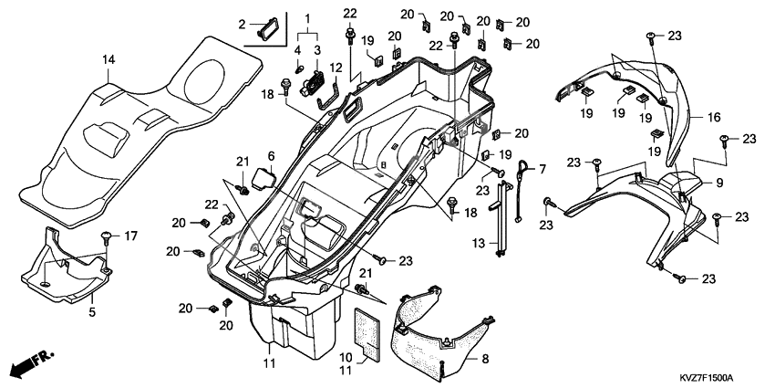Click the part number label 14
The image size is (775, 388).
108,59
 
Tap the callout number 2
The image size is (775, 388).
242,25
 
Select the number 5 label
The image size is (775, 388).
91,311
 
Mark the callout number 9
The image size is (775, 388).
718,183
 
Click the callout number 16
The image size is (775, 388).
714,118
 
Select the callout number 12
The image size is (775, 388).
336,68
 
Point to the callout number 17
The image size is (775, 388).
131,236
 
